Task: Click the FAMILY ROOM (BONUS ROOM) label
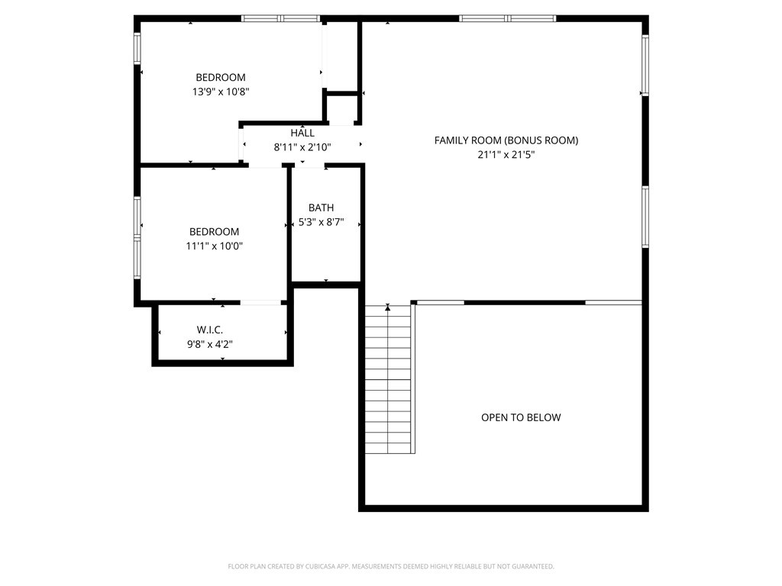click(506, 140)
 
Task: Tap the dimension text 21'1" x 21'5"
click(506, 155)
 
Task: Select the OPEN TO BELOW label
click(521, 417)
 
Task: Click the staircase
click(389, 382)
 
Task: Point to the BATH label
click(321, 208)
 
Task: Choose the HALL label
click(302, 134)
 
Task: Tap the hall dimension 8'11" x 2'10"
click(302, 148)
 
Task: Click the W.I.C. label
click(209, 330)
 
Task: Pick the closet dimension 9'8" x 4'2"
click(209, 344)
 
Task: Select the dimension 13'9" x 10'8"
click(221, 92)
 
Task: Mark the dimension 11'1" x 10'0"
click(214, 246)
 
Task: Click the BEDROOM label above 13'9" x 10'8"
click(221, 77)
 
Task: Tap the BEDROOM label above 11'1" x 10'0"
click(214, 232)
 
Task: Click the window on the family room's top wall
click(507, 18)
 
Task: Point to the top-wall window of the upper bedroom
click(280, 18)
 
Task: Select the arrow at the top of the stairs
click(388, 307)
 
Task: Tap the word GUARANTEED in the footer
click(535, 567)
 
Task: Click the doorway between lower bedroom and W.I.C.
click(260, 303)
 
